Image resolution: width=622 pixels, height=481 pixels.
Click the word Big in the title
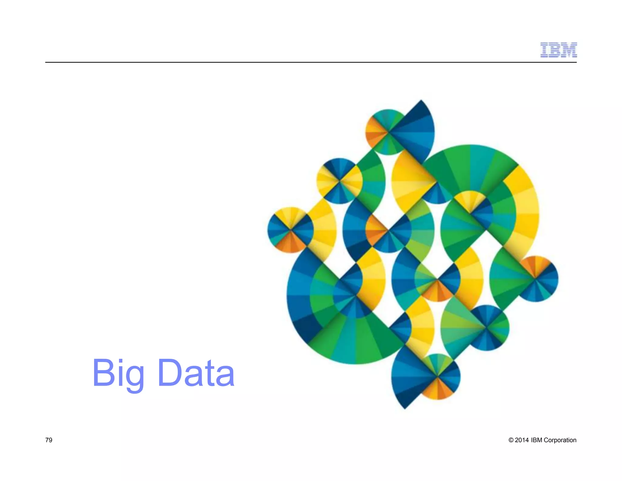(x=118, y=373)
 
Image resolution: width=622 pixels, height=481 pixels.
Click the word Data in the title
(x=196, y=373)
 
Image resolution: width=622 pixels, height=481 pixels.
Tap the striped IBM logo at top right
(x=559, y=50)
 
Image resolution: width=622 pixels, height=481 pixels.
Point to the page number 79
(x=49, y=440)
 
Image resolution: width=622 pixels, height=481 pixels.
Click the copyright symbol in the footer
(x=511, y=440)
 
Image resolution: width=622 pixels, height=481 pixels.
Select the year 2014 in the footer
(x=522, y=440)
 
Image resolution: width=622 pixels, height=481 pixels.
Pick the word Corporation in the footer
(x=560, y=440)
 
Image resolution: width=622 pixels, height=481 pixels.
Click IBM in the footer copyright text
(x=536, y=440)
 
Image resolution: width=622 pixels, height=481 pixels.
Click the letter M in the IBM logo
(x=569, y=50)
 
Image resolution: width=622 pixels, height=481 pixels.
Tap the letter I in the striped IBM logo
(x=544, y=50)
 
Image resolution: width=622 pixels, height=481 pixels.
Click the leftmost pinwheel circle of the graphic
(x=290, y=230)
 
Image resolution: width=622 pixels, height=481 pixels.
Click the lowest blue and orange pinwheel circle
(x=437, y=377)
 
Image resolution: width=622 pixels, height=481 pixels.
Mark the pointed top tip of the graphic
(x=421, y=100)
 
